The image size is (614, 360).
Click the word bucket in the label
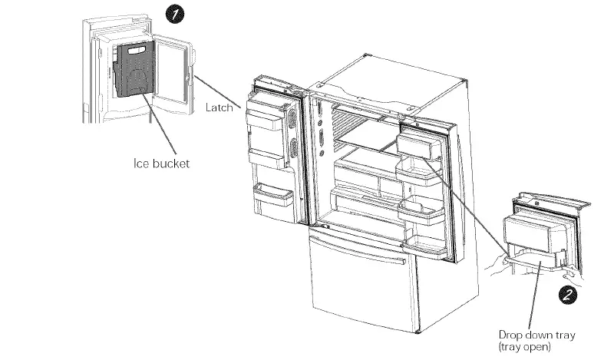170,163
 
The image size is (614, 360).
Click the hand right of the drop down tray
569,272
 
